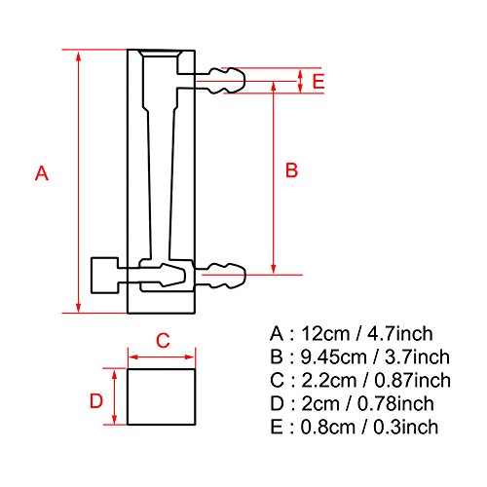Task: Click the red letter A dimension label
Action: (x=41, y=174)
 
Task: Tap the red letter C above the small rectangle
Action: (x=164, y=340)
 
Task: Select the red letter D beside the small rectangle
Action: (x=96, y=399)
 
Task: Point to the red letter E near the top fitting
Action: (x=318, y=81)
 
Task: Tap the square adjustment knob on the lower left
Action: (x=103, y=276)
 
